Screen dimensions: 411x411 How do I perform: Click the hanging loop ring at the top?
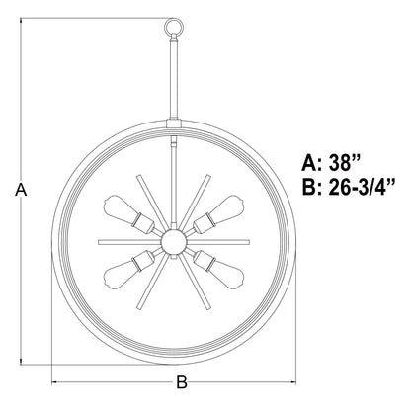[x=174, y=19]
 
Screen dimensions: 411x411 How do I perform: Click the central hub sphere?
[x=174, y=242]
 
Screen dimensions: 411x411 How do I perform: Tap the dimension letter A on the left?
[x=21, y=190]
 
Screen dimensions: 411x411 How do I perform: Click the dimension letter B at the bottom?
[x=182, y=382]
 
